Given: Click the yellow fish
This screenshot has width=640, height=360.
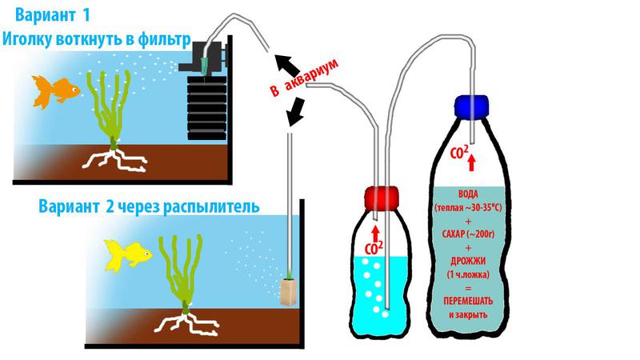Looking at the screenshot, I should pyautogui.click(x=127, y=254).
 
